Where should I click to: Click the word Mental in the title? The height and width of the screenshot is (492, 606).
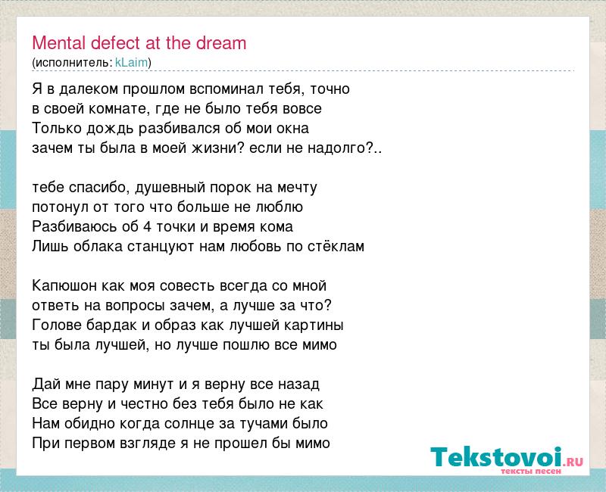59,43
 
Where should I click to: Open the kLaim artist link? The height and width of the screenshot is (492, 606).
131,62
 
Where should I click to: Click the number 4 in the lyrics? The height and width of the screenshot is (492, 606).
147,226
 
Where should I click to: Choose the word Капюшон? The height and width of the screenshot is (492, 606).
64,286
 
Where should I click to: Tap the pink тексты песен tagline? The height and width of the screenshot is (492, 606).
531,471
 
